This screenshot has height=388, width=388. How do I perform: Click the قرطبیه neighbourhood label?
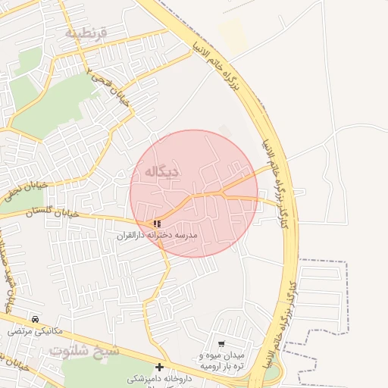click(86, 33)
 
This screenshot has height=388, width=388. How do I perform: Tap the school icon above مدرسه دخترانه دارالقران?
click(157, 224)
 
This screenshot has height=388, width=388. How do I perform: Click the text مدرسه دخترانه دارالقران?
click(157, 236)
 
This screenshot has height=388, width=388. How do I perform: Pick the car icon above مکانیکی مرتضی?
click(36, 319)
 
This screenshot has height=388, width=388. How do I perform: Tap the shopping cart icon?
click(221, 343)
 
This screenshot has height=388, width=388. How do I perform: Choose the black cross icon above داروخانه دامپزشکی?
click(159, 367)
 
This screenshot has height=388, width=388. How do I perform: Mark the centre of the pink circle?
click(194, 193)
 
